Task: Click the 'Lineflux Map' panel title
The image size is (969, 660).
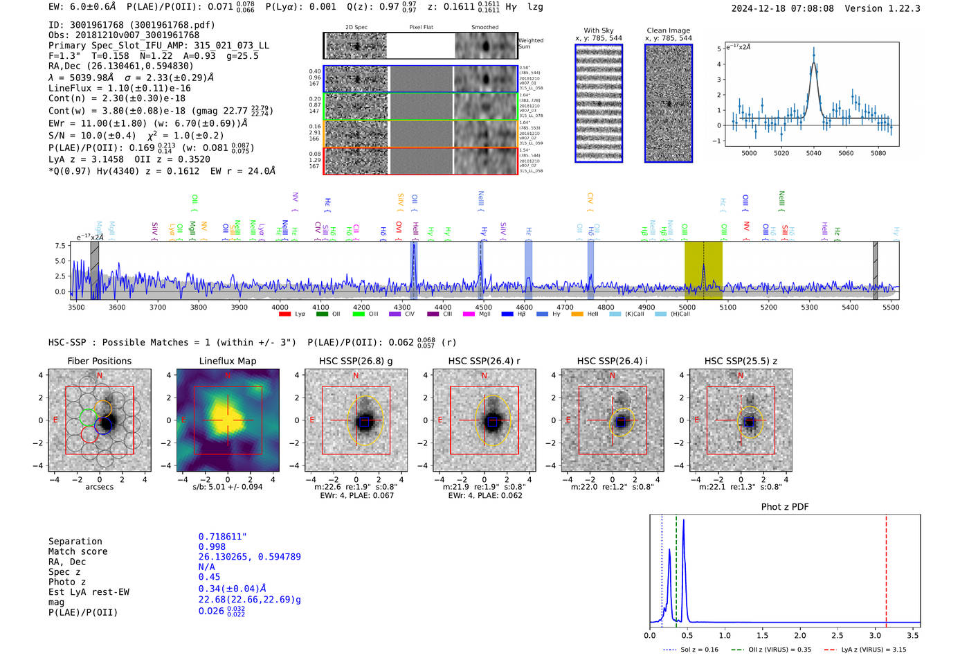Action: (x=227, y=361)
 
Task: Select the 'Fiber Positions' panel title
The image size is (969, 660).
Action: (x=99, y=361)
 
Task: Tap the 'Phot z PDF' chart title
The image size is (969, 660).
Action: (x=785, y=506)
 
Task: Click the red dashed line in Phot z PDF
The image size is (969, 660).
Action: (x=886, y=568)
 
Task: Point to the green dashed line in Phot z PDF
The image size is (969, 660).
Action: (x=676, y=568)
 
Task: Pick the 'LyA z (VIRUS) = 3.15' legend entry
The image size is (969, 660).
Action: (x=866, y=650)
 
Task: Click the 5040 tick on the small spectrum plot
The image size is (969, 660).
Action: (x=813, y=153)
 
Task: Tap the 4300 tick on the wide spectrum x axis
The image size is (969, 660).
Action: (x=402, y=307)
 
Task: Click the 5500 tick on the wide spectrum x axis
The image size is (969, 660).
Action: (x=891, y=307)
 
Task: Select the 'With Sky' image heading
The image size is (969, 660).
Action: (x=598, y=30)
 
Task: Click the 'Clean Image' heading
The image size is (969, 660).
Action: (x=668, y=30)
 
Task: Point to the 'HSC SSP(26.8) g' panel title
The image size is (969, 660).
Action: (x=356, y=361)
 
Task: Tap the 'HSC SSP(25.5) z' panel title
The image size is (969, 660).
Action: (x=741, y=361)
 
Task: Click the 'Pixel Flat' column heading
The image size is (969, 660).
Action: (x=421, y=28)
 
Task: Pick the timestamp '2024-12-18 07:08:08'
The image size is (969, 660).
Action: (x=782, y=8)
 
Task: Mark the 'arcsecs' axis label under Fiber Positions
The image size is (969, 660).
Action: (x=99, y=487)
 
